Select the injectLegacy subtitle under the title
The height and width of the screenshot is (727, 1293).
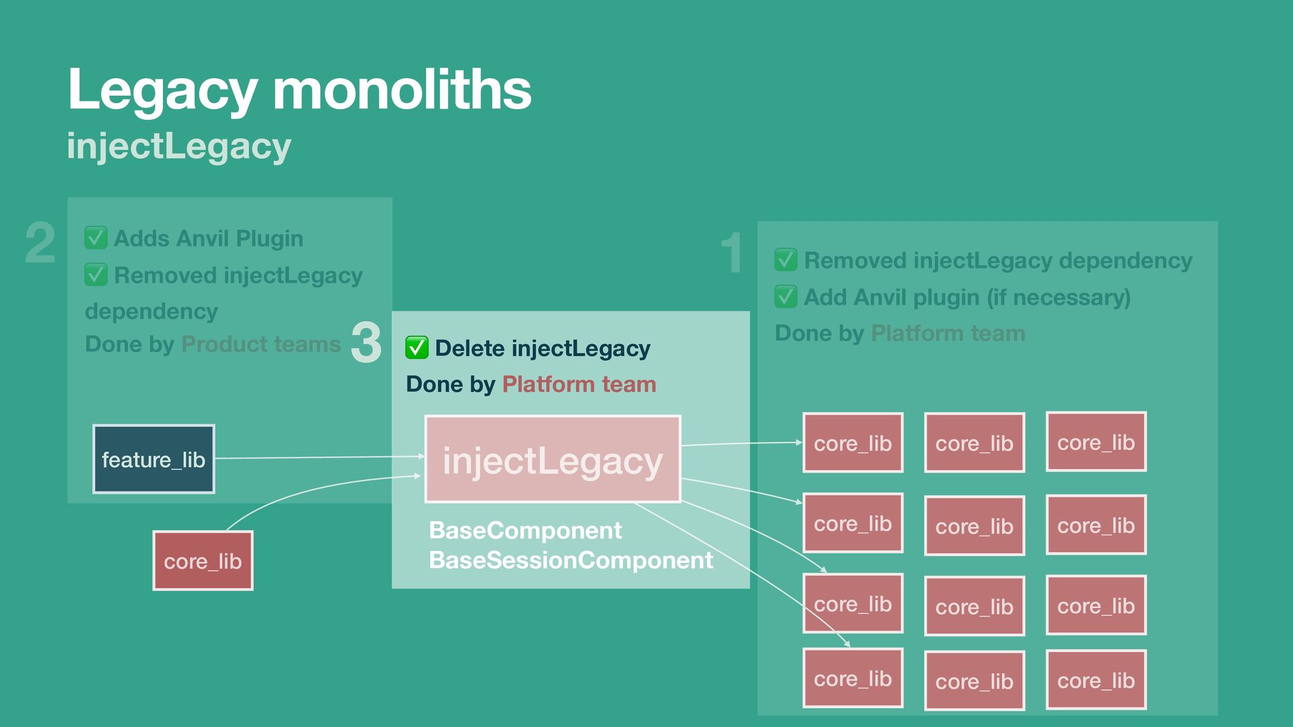[179, 146]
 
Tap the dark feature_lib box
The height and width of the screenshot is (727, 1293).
[154, 460]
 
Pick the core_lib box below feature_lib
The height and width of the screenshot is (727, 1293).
[203, 561]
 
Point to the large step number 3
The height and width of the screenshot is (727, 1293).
[366, 343]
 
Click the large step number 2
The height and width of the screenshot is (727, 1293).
[40, 243]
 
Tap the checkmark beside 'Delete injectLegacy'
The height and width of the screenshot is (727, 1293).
[417, 348]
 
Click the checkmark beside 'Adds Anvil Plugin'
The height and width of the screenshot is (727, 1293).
[96, 238]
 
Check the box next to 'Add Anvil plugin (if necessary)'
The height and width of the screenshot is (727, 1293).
[786, 297]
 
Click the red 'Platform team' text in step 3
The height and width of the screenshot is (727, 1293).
[579, 384]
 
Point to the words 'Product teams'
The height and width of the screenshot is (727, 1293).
[261, 344]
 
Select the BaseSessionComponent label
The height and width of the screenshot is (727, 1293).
[570, 560]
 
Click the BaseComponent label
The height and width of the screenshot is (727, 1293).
[525, 530]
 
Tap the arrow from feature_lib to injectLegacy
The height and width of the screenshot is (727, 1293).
[317, 458]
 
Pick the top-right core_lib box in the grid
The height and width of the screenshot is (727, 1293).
[1096, 442]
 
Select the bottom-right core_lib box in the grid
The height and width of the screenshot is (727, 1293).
[1096, 681]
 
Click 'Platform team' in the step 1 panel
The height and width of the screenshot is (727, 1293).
[948, 333]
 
